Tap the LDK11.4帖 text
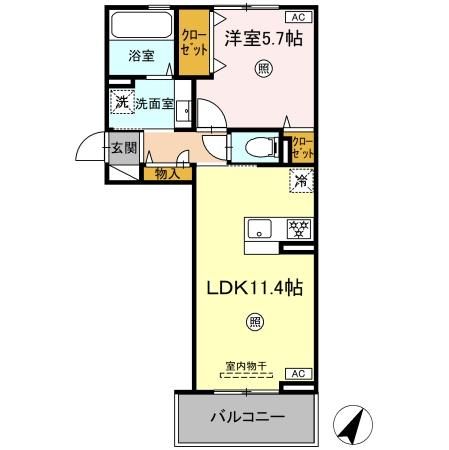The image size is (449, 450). pyautogui.click(x=255, y=286)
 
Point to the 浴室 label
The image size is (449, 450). pyautogui.click(x=141, y=57)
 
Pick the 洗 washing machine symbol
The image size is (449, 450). pyautogui.click(x=120, y=101)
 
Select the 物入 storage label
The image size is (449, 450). pyautogui.click(x=167, y=174)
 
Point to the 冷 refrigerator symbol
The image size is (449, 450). pyautogui.click(x=301, y=182)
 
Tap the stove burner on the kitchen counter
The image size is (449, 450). pyautogui.click(x=298, y=227)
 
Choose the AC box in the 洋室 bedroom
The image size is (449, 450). pyautogui.click(x=298, y=17)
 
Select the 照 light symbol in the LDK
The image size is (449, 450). pyautogui.click(x=255, y=322)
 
